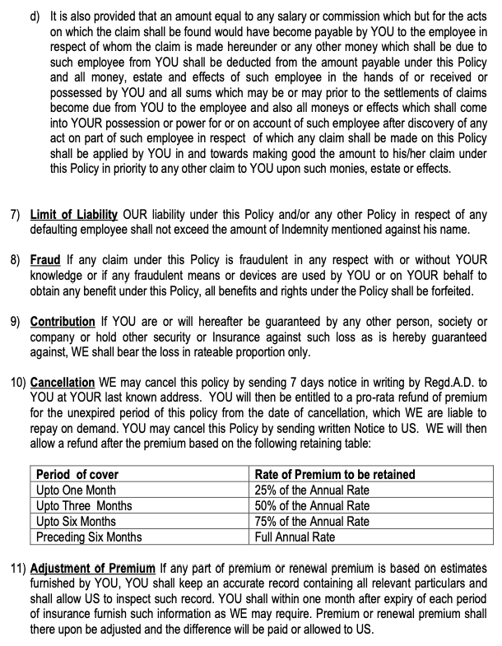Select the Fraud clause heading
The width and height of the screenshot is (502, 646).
45,259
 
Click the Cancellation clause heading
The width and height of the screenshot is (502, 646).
63,382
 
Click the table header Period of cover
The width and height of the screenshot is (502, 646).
77,474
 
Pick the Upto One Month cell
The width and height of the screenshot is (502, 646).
77,490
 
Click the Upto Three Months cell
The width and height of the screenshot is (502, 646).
83,506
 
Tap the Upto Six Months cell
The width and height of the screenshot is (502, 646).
76,522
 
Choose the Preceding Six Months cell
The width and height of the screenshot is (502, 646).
89,537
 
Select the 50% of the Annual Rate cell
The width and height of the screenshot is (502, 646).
312,506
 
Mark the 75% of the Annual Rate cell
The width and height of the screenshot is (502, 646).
312,522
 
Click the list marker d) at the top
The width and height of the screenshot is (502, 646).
35,16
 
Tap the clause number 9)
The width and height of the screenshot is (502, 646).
16,320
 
